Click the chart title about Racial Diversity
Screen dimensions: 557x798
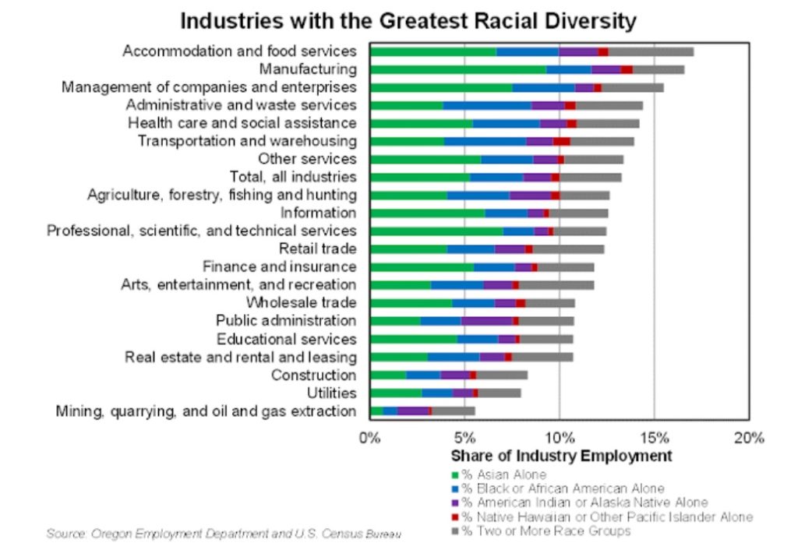[x=408, y=20]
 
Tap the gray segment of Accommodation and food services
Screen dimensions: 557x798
[x=651, y=51]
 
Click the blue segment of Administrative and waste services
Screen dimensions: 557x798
[x=487, y=105]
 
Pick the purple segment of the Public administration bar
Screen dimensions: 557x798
[x=486, y=321]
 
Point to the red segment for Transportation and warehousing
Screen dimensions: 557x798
[x=561, y=141]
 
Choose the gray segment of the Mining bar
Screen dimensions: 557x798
[x=453, y=411]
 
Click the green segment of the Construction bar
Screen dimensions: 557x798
[x=388, y=375]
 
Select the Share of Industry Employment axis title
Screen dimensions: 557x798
[x=560, y=456]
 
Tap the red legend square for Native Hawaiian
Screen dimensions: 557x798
[x=455, y=517]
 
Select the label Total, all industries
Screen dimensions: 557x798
[x=293, y=177]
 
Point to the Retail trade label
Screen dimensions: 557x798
[x=317, y=249]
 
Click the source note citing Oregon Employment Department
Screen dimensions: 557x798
[x=224, y=534]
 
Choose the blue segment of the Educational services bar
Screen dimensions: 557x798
[x=477, y=339]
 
